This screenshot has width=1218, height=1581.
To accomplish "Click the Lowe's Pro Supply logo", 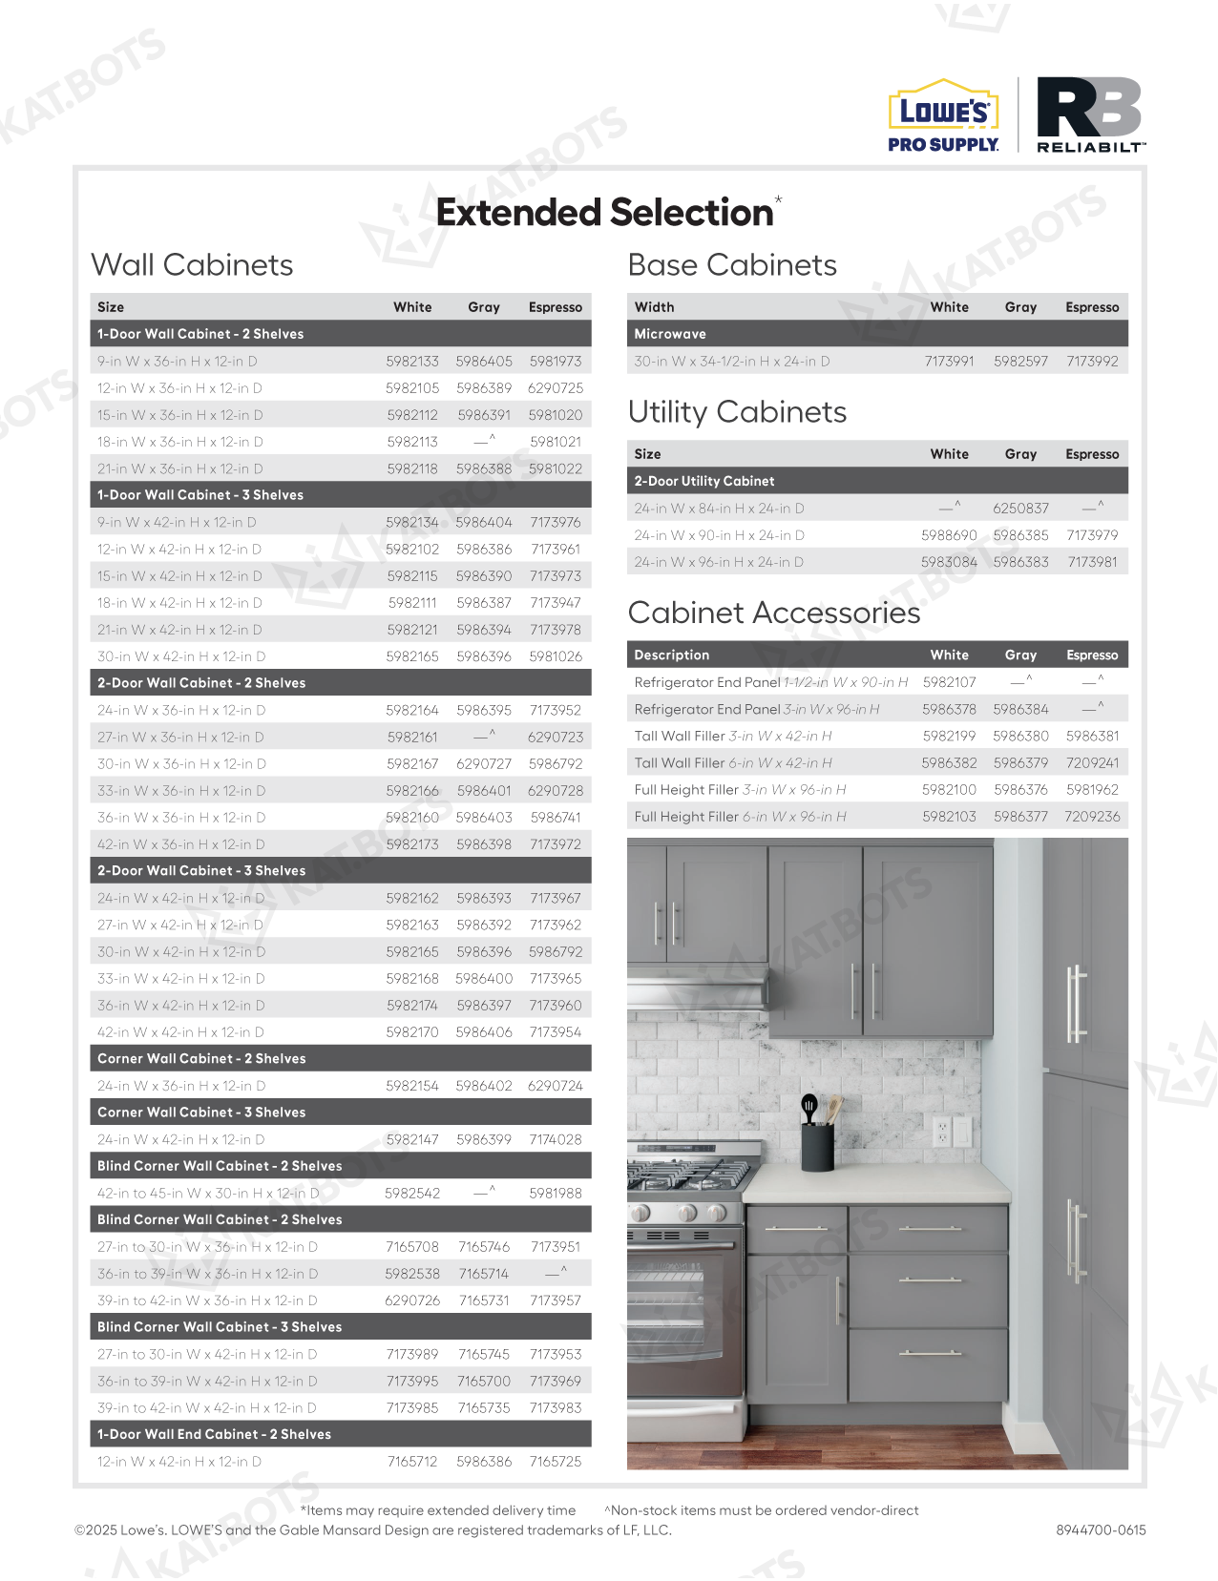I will pos(943,115).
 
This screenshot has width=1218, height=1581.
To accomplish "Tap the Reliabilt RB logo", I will pos(1090,114).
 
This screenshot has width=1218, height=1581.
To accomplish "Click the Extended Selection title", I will pos(604,212).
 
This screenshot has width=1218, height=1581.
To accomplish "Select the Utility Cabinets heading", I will pos(737,412).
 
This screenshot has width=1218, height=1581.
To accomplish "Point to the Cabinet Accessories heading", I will pos(773,613).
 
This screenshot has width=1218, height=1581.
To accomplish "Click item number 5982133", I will pos(412,362).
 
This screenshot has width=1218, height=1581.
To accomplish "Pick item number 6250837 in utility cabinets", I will pos(1020,509).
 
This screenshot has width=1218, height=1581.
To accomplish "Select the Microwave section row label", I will pos(670,334).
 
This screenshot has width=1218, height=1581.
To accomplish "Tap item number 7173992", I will pos(1092,362).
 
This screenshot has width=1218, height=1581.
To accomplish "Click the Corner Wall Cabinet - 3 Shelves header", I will pos(201,1113).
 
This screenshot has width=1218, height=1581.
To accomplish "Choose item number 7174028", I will pos(556,1139).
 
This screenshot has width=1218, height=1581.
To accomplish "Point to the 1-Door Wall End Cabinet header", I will pos(214,1434).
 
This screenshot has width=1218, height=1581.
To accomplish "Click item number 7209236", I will pos(1092,817).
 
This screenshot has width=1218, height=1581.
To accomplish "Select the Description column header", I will pos(672,655).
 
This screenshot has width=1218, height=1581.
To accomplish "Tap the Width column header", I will pos(654,307).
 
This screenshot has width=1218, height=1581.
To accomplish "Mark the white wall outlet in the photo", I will pos(941,1133).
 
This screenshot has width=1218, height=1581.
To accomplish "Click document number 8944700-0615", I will pos(1101,1530).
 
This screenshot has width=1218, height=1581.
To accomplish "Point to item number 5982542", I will pos(412,1194).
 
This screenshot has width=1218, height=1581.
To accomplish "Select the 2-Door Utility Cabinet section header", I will pos(704,482).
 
